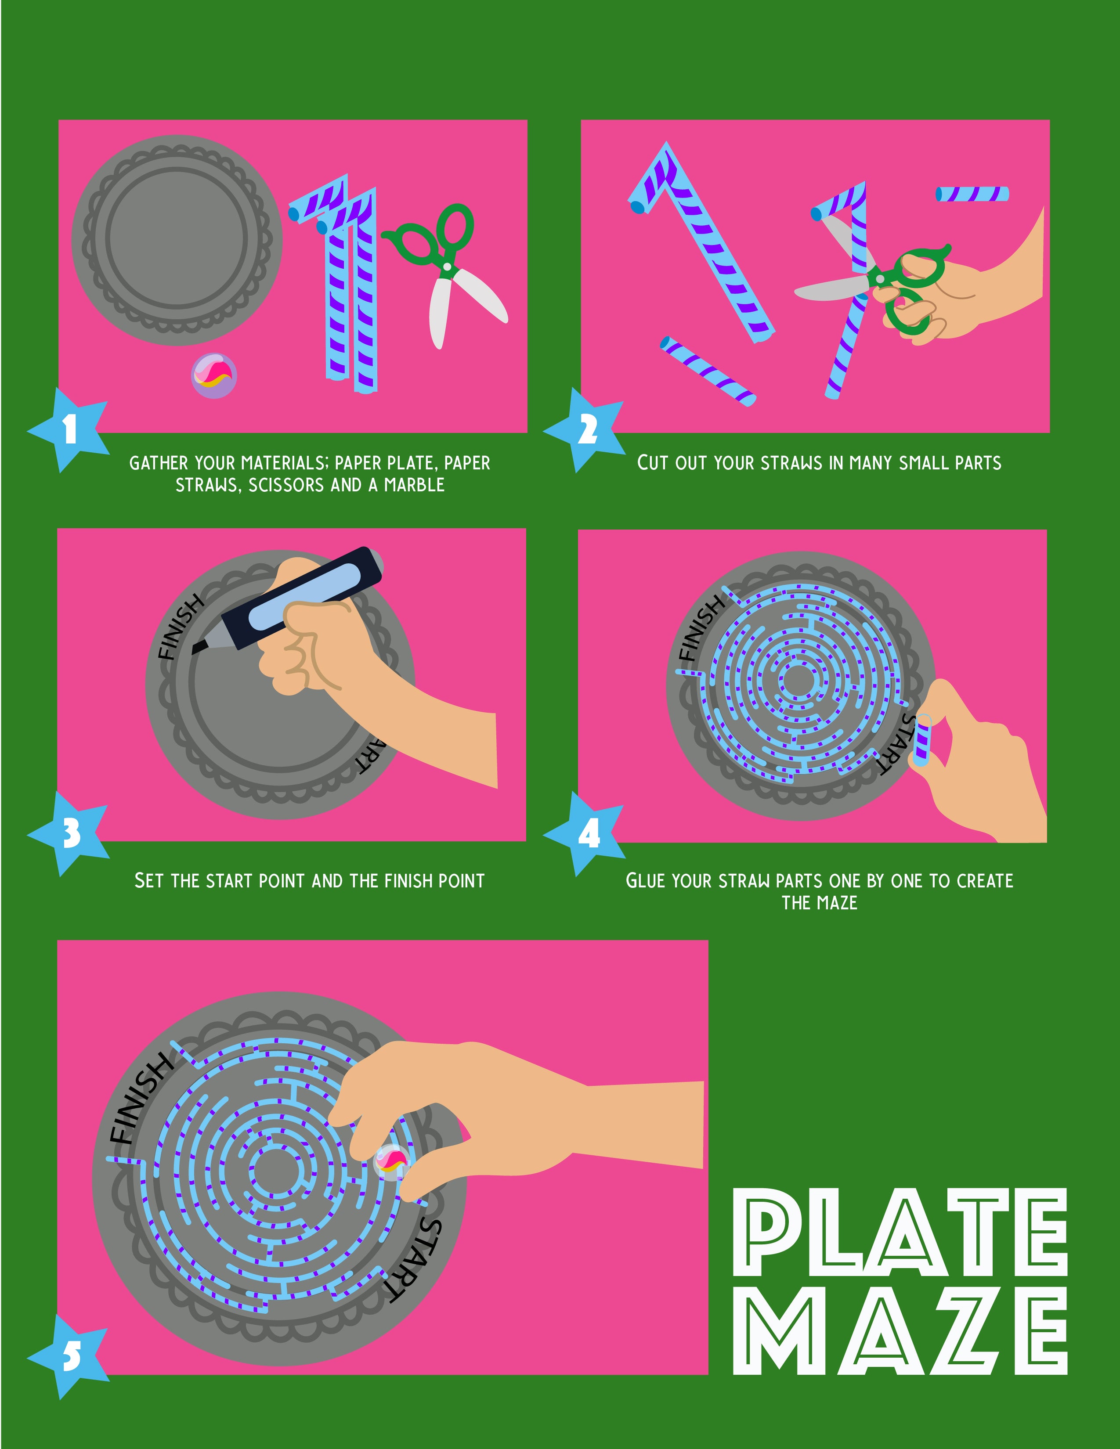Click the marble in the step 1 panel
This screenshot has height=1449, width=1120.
click(x=213, y=375)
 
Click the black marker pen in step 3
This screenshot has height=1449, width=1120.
click(x=287, y=600)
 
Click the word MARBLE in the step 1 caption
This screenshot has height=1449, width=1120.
click(x=414, y=485)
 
